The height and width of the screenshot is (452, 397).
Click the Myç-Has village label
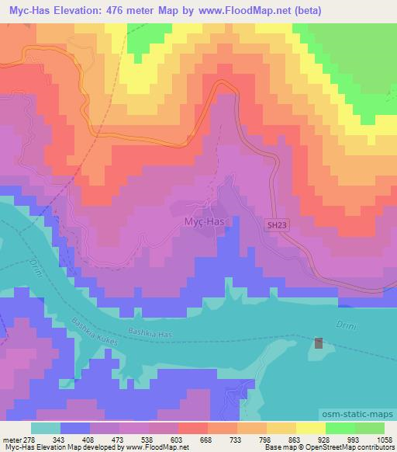pyautogui.click(x=204, y=221)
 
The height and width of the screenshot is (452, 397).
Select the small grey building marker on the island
pyautogui.click(x=319, y=342)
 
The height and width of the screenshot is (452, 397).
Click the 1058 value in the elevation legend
pyautogui.click(x=385, y=440)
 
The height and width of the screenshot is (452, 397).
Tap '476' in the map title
pyautogui.click(x=133, y=11)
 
